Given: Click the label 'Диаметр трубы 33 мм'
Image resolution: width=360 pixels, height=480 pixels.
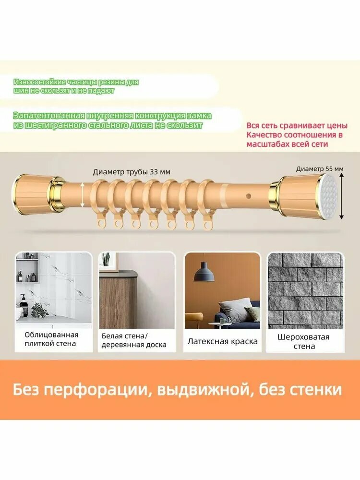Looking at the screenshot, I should [132, 172].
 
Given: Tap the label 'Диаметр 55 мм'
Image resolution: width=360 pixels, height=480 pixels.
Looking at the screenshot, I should [320, 168].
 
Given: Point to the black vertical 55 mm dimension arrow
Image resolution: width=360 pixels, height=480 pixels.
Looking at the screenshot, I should [342, 196].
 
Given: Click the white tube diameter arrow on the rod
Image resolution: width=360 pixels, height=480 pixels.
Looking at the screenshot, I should [83, 196].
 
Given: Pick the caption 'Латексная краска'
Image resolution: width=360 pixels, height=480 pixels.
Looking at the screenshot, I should [222, 342].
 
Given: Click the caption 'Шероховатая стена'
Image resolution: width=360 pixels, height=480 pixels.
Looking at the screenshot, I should [303, 341].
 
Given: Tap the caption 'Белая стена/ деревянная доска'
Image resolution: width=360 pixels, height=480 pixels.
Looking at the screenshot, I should [134, 340].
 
